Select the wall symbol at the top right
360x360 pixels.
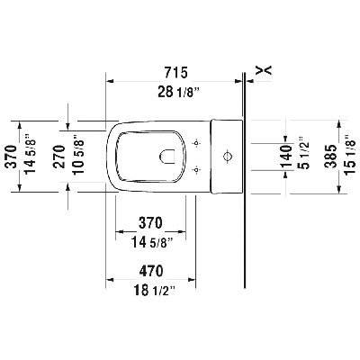click(x=263, y=68)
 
